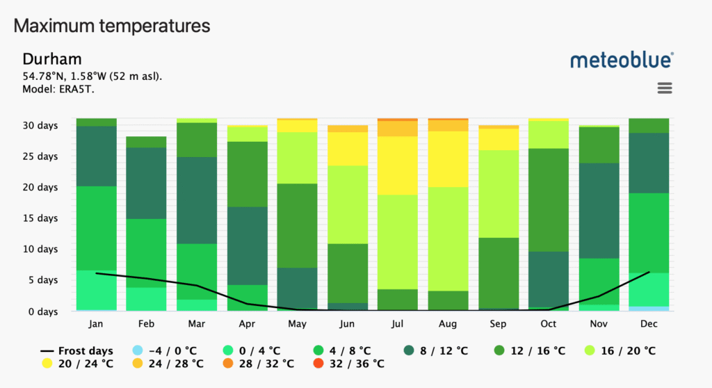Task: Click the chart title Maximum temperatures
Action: coord(112,26)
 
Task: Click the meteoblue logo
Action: coord(622,60)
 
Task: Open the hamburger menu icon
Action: coord(665,88)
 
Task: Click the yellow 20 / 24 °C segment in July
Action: coord(397,165)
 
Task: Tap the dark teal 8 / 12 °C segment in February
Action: coord(146,183)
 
